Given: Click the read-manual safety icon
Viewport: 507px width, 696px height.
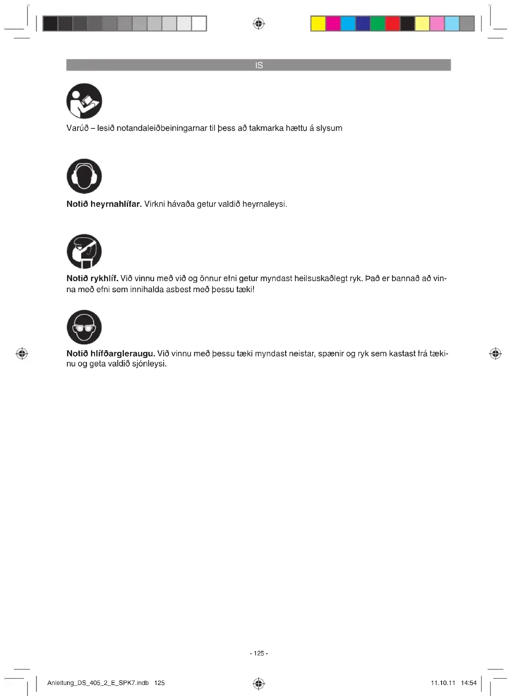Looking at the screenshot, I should (x=84, y=101).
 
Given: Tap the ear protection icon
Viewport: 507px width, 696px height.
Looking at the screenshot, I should (x=84, y=176).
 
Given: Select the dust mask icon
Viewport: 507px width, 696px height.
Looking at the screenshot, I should (x=84, y=252).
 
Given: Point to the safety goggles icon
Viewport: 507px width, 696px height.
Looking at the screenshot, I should (x=84, y=327).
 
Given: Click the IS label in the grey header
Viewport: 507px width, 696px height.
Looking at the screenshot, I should (x=259, y=65).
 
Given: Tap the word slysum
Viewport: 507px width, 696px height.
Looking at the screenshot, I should (x=329, y=128).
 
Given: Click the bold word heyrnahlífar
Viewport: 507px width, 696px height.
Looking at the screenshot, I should (x=116, y=204).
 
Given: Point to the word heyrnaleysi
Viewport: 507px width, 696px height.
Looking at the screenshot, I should (x=264, y=204).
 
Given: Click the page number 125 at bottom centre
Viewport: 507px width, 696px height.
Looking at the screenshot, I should (x=259, y=653).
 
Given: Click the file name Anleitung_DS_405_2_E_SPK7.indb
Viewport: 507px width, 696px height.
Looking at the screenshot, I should (x=98, y=683).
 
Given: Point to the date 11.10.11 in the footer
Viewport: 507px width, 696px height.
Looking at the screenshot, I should (x=443, y=683).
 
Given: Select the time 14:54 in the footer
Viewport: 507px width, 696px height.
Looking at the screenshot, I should (x=468, y=683).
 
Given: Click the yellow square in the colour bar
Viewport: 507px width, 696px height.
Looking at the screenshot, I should (x=318, y=24).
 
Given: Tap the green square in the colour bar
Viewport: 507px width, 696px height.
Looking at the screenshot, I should (x=377, y=24).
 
